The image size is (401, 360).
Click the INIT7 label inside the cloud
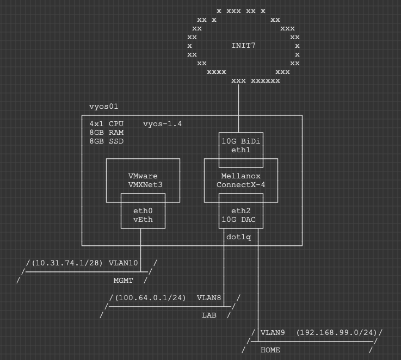[x=243, y=45]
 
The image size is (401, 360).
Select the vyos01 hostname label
[x=103, y=107]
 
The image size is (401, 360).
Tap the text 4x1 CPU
[x=107, y=124]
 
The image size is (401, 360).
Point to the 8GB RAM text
[x=107, y=133]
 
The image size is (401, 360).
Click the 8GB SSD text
[x=107, y=141]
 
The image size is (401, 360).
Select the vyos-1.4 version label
[x=162, y=124]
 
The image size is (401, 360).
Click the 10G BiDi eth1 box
[x=240, y=146]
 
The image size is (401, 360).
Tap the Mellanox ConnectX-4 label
[x=240, y=181]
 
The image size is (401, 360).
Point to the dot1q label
[x=238, y=237]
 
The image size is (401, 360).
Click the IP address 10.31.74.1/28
[x=67, y=263]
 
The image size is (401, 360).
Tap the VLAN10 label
[x=123, y=263]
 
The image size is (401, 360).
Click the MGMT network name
[x=123, y=281]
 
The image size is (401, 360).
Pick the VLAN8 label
[x=209, y=298]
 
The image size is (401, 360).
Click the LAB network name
[x=209, y=315]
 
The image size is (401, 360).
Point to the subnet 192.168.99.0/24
[x=337, y=333]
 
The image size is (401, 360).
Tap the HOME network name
[x=270, y=350]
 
